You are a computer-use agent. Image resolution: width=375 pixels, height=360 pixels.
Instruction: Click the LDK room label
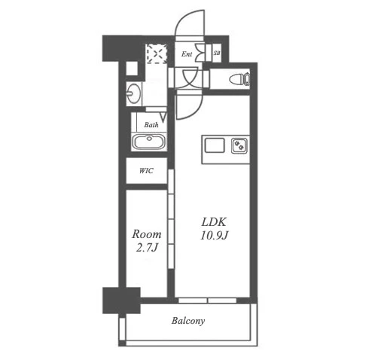point(214,222)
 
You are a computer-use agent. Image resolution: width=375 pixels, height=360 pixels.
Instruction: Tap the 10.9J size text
point(214,236)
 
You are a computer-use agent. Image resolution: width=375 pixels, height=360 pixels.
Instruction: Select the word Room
point(147,234)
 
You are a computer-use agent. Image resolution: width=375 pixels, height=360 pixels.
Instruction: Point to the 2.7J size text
point(147,248)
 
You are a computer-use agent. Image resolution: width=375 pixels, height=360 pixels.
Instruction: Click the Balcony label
point(188,321)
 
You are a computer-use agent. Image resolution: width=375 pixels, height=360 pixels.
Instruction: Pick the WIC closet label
point(146,171)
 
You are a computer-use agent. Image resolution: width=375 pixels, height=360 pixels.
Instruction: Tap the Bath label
point(151,125)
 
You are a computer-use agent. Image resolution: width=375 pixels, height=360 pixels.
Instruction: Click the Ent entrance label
point(187,54)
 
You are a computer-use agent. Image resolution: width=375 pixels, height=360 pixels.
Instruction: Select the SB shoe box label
point(217,53)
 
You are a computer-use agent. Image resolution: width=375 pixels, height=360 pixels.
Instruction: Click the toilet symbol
point(239,79)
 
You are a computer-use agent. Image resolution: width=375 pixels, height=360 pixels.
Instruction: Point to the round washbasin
point(133,93)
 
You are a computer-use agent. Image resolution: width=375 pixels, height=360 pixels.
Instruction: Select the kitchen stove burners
point(240,145)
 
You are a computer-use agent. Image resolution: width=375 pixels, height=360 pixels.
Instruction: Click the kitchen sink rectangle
point(215,145)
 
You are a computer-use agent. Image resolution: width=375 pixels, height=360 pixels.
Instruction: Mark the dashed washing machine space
point(157,53)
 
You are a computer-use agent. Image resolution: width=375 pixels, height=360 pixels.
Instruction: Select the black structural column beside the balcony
point(121,301)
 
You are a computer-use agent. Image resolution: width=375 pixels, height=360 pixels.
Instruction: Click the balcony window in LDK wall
point(207,301)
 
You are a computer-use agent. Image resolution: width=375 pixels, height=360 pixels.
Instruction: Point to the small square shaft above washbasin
point(132,68)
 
